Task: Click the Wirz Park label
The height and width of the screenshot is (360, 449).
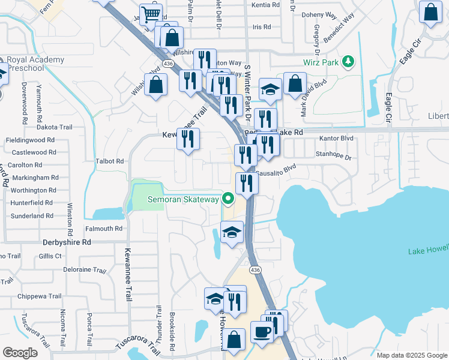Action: (320, 62)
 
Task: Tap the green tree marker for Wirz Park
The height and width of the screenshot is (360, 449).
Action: (347, 61)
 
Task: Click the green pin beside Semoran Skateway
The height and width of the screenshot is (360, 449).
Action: (228, 197)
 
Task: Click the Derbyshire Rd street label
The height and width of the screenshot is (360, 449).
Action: (66, 242)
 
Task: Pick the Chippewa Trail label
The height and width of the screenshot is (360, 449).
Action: (40, 296)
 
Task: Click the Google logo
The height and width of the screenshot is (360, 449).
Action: (20, 353)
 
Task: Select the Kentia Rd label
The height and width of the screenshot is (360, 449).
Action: (266, 5)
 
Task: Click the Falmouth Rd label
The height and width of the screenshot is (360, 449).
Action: (104, 229)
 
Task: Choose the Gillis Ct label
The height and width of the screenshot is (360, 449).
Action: (50, 256)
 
